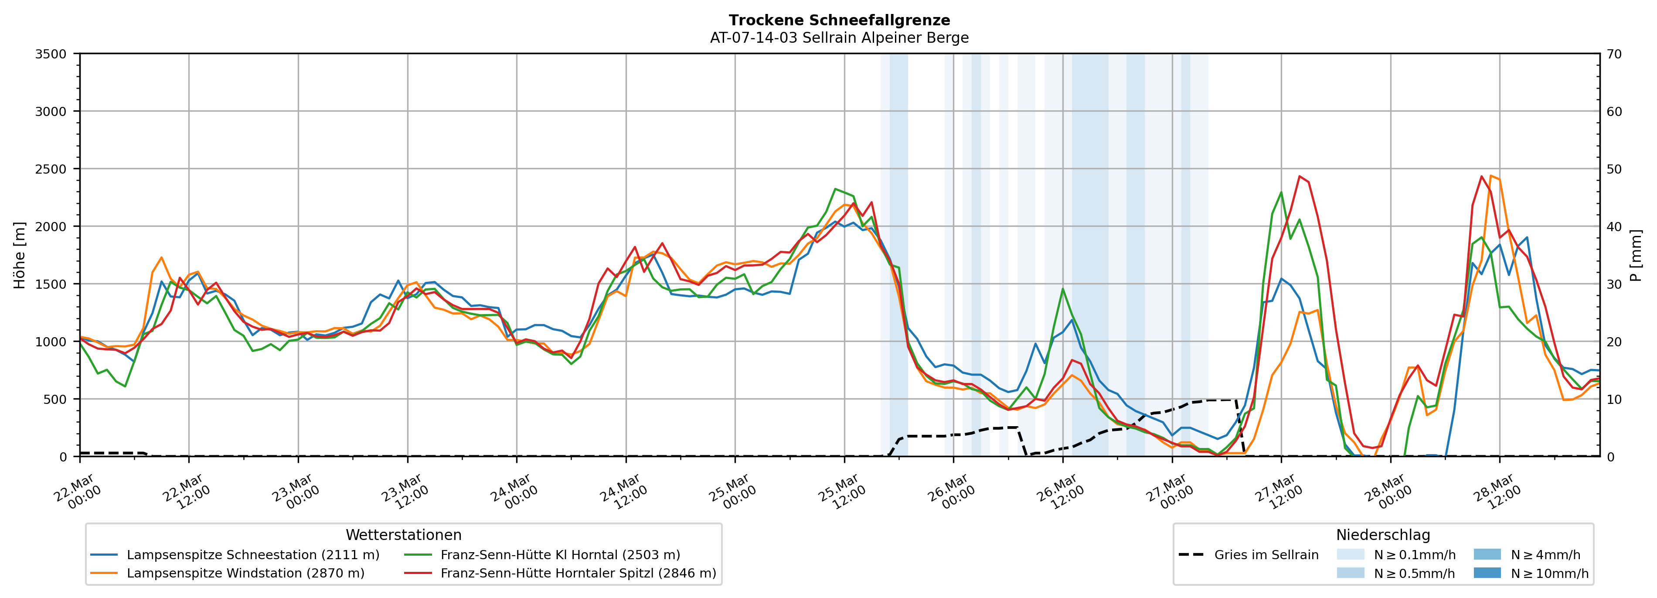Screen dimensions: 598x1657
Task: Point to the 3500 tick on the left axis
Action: pyautogui.click(x=51, y=54)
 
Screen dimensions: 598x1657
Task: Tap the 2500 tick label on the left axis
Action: pyautogui.click(x=51, y=169)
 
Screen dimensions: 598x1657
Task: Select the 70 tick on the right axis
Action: pyautogui.click(x=1614, y=54)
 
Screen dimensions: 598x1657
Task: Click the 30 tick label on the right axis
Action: pyautogui.click(x=1614, y=284)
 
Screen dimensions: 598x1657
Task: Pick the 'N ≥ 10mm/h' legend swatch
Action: pyautogui.click(x=1487, y=573)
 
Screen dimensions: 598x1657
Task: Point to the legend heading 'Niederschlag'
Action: pyautogui.click(x=1383, y=535)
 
